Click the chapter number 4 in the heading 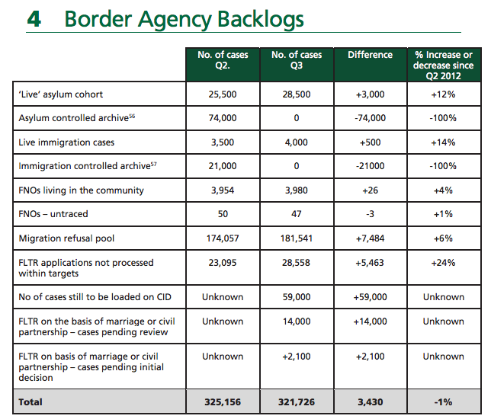click(x=34, y=19)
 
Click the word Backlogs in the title click(x=261, y=19)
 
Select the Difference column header click(x=370, y=55)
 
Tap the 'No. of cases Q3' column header click(x=297, y=60)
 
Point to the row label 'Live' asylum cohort click(x=61, y=94)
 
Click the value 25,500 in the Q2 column click(x=223, y=94)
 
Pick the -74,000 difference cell click(x=370, y=118)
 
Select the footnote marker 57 click(x=154, y=163)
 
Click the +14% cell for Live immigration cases click(x=443, y=142)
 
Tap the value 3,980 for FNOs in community click(x=297, y=190)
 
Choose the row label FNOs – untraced click(x=53, y=214)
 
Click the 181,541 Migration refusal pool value click(x=297, y=238)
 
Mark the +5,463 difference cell click(x=370, y=263)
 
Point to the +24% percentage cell click(x=443, y=263)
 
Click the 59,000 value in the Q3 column click(x=297, y=297)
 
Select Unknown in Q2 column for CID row click(x=223, y=297)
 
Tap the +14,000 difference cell click(x=370, y=321)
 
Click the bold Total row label click(x=30, y=401)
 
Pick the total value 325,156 click(x=223, y=402)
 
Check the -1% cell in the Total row click(x=443, y=402)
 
